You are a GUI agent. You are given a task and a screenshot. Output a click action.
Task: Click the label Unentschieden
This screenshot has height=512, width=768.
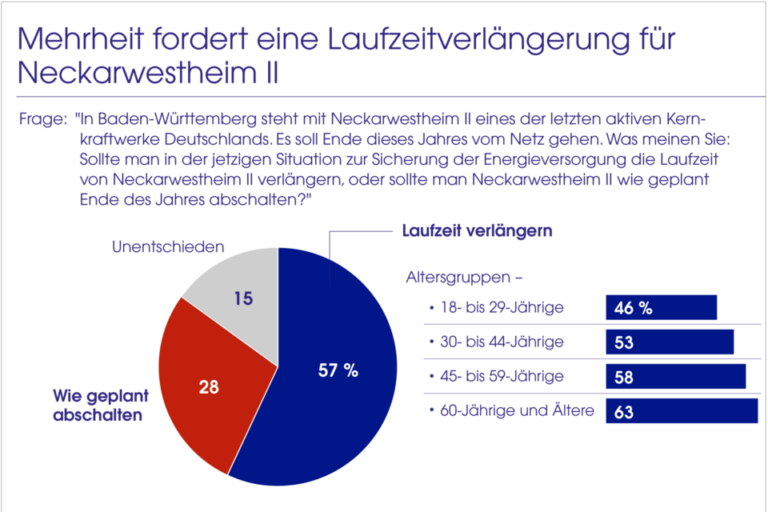point(167,247)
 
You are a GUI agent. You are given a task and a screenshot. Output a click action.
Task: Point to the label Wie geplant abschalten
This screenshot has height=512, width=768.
point(98,405)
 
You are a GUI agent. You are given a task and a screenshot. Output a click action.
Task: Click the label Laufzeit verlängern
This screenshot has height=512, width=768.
point(477,231)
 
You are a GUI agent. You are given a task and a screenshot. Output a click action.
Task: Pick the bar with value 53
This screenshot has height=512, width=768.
point(670,342)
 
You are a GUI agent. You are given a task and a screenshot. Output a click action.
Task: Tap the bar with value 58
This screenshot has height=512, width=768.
point(675,376)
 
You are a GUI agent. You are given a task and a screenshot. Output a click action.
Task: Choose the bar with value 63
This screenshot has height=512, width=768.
point(681,411)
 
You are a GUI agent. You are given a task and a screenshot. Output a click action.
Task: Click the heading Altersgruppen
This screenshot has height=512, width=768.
point(464,279)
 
